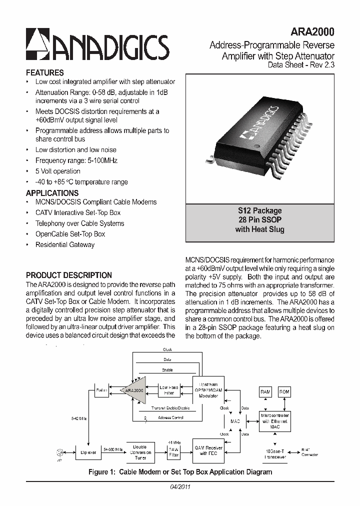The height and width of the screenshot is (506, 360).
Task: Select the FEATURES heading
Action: point(45,72)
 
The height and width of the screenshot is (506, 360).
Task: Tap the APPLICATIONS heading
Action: point(52,193)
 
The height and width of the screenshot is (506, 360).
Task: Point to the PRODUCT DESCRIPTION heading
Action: point(69,275)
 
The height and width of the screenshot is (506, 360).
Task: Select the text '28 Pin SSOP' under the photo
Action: point(259,220)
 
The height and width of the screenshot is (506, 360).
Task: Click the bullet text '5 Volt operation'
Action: point(57,171)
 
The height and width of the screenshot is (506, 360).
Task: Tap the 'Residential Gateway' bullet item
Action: point(65,244)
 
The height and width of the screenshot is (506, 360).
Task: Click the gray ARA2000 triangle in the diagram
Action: point(134,390)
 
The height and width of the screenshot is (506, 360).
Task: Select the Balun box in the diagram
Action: point(101,390)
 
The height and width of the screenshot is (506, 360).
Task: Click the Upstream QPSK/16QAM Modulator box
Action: point(208,390)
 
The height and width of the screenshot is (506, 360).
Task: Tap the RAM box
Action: point(265,392)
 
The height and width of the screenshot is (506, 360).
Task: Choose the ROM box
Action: point(284,392)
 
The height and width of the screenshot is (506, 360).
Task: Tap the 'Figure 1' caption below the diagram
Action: point(180,472)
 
